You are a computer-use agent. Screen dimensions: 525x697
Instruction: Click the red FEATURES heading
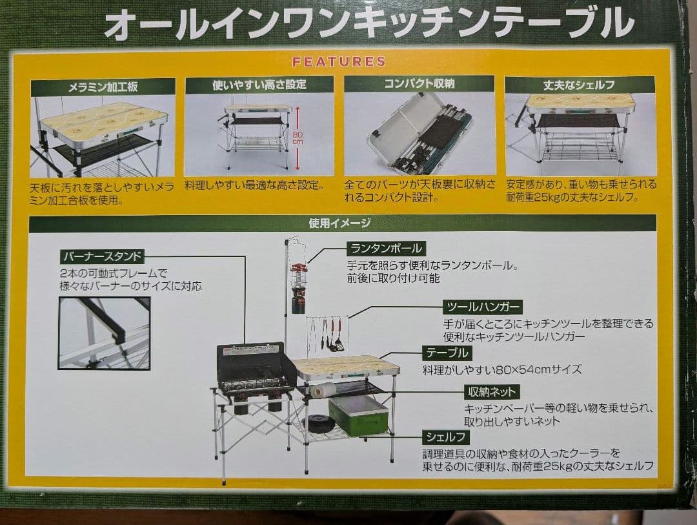tap(338, 62)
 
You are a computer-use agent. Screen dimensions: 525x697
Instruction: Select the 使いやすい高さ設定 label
tap(259, 85)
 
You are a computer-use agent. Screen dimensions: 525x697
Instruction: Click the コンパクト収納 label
tap(419, 83)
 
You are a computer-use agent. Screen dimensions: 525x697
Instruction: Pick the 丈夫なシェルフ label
tap(579, 85)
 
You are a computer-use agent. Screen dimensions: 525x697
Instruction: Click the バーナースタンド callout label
tap(101, 256)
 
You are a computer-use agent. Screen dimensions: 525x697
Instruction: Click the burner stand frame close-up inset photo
tap(104, 333)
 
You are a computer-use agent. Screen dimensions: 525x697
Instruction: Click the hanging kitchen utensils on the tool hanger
tap(329, 335)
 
